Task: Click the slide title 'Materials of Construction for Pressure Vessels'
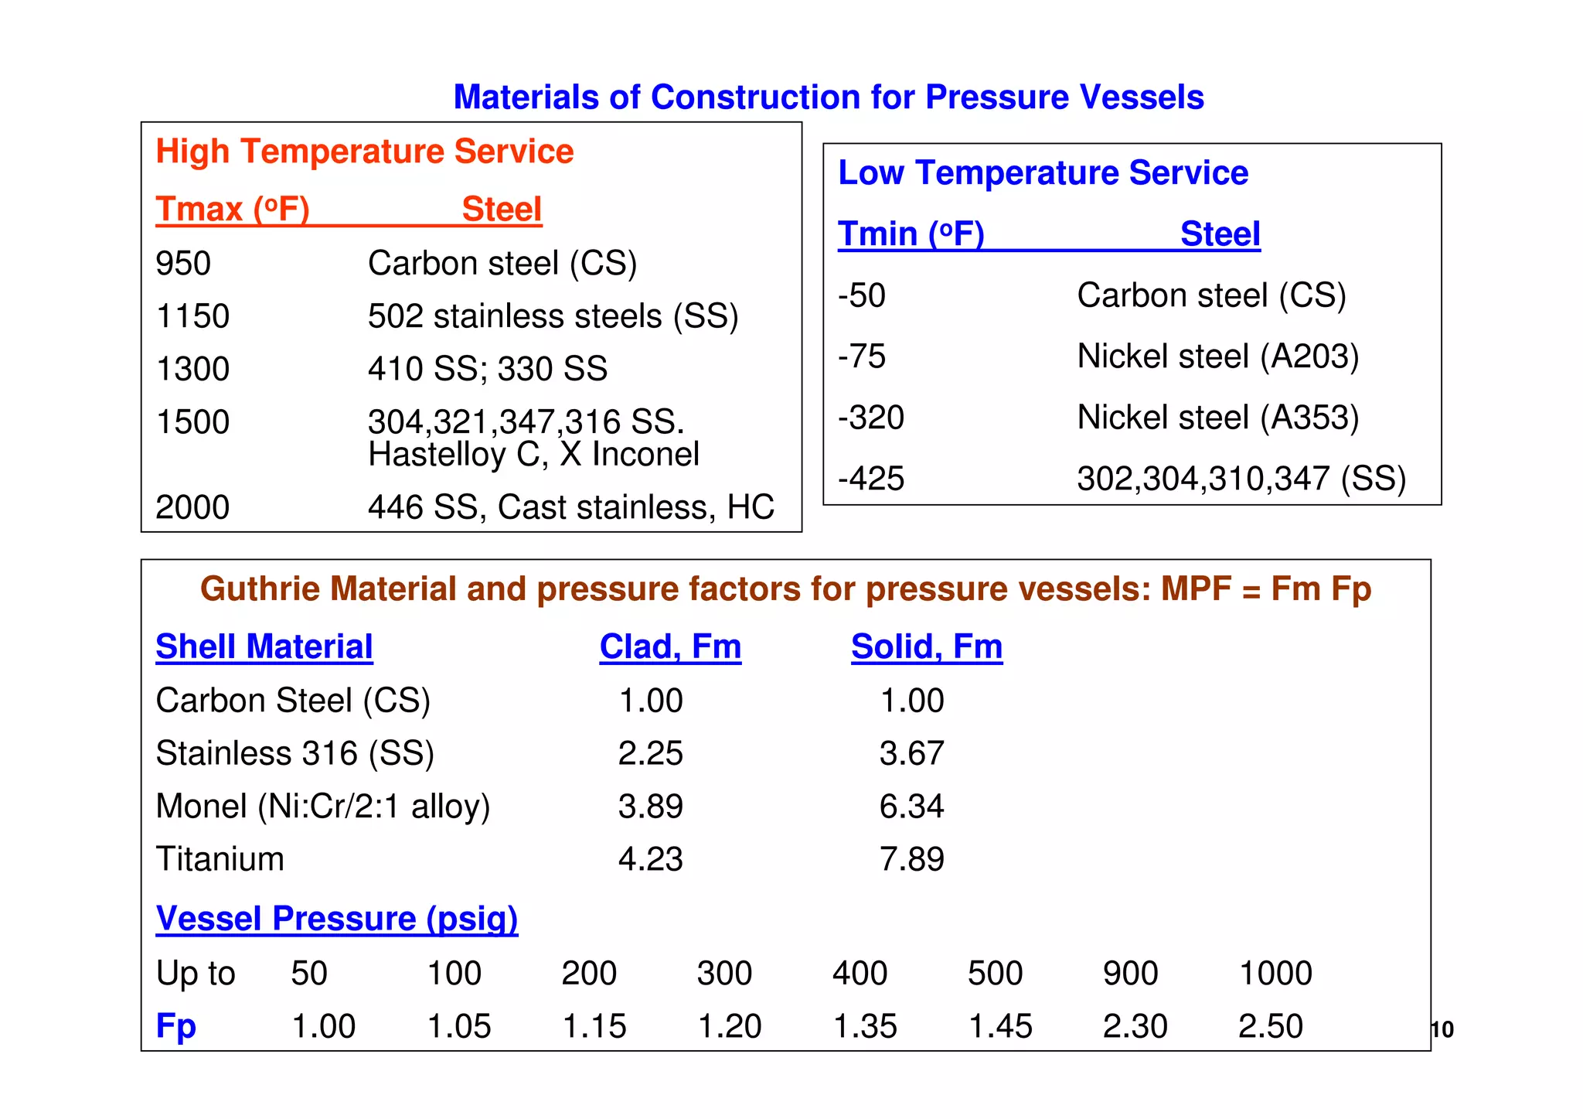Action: pos(828,97)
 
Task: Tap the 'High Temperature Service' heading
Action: pos(364,152)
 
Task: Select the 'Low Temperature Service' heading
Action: pos(1043,172)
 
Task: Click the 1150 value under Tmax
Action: pos(192,316)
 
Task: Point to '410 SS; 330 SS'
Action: pos(487,369)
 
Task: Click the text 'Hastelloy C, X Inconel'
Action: pos(533,455)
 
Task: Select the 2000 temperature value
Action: pos(192,508)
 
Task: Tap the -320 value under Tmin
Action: pos(870,418)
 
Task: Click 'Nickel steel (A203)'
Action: pos(1217,357)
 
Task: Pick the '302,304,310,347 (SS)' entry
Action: pos(1241,479)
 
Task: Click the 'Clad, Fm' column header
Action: pos(670,646)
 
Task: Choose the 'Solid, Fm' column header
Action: pos(926,646)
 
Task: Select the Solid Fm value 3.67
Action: pos(911,753)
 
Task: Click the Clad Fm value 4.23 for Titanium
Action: pos(650,859)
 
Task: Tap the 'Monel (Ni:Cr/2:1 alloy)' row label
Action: pos(322,807)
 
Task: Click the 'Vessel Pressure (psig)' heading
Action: pos(336,919)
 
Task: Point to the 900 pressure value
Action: pos(1130,974)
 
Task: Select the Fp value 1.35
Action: pos(864,1027)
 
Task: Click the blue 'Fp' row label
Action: pos(175,1026)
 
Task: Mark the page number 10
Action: pos(1442,1030)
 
